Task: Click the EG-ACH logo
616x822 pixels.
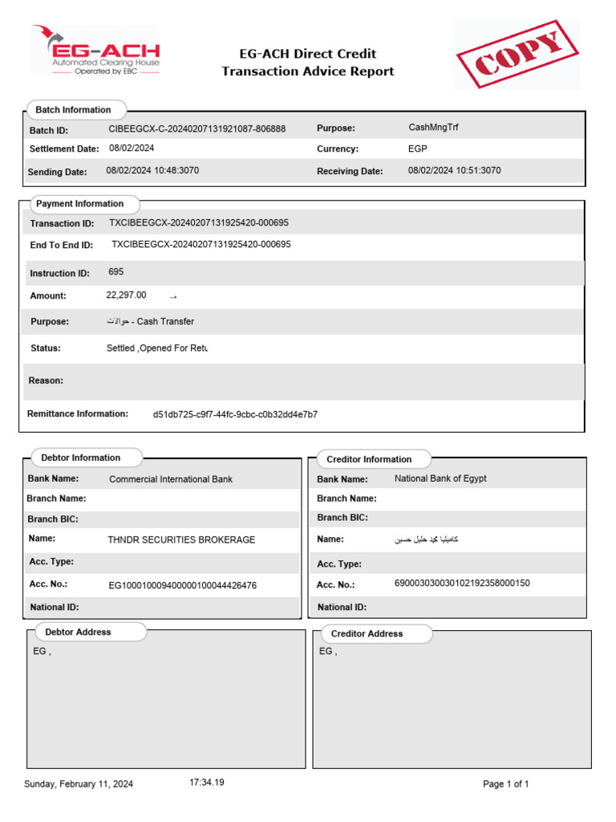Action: tap(95, 50)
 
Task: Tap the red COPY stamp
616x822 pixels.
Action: tap(517, 54)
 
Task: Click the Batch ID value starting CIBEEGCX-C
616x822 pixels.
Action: tap(197, 129)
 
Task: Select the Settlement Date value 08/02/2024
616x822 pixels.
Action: tap(132, 149)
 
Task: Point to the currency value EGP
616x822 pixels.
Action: tap(417, 149)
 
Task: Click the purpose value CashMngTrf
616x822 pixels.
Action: tap(433, 128)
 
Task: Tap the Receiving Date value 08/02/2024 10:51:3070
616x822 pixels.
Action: tap(455, 171)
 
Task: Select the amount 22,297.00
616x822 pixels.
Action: tap(126, 295)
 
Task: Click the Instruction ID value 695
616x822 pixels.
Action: tap(116, 272)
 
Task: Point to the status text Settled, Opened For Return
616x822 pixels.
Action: tap(156, 348)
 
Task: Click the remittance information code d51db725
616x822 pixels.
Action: tap(235, 414)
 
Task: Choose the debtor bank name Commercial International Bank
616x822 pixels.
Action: tap(171, 479)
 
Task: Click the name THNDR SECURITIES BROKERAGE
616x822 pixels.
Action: tap(181, 540)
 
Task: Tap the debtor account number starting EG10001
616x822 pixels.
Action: tap(182, 586)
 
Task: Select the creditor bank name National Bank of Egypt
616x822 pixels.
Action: tap(440, 478)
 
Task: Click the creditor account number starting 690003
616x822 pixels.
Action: tap(462, 584)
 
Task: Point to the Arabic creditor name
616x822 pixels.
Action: tap(426, 539)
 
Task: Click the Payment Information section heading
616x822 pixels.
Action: tap(79, 204)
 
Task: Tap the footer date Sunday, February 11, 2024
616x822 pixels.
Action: tap(79, 784)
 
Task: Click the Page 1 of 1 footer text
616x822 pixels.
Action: tap(505, 784)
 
